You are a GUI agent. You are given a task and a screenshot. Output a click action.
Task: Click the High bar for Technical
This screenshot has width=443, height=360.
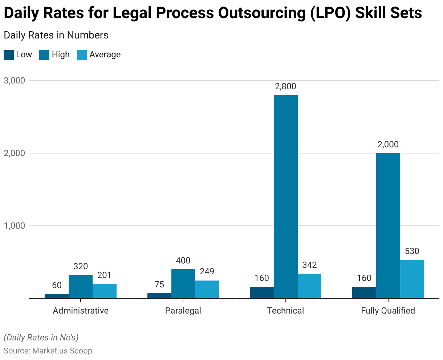click(286, 196)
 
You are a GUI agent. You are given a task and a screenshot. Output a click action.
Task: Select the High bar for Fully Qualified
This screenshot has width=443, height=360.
click(388, 225)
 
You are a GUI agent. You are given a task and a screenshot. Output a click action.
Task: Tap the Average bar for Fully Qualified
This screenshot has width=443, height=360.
click(412, 279)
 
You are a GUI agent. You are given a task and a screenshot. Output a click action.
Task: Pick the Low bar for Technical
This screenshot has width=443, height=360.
click(262, 292)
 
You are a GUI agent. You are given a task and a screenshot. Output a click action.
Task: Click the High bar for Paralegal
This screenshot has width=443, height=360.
click(183, 283)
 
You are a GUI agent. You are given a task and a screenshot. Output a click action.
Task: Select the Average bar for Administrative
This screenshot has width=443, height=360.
click(105, 291)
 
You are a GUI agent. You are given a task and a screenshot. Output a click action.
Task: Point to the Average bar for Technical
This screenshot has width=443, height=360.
click(309, 286)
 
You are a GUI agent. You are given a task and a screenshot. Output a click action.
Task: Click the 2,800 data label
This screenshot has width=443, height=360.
click(286, 86)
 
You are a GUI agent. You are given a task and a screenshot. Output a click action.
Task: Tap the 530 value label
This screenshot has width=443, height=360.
click(412, 251)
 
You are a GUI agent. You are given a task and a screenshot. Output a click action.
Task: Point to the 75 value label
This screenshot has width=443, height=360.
click(159, 285)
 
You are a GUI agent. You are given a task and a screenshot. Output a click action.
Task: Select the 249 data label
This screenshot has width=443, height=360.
click(207, 271)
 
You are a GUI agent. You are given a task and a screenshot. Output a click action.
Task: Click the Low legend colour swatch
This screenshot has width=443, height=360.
click(9, 55)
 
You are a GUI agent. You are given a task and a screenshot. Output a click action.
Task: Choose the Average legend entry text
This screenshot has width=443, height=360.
click(105, 55)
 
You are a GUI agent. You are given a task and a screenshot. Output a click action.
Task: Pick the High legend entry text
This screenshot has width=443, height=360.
click(61, 55)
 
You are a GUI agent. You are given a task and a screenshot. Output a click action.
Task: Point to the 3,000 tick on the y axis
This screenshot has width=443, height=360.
click(15, 81)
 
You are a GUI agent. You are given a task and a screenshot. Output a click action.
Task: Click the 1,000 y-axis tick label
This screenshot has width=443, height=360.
click(15, 226)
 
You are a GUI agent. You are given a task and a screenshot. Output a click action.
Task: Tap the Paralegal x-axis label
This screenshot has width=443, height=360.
click(183, 311)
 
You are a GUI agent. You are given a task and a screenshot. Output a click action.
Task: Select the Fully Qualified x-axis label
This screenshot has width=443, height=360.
click(388, 311)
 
